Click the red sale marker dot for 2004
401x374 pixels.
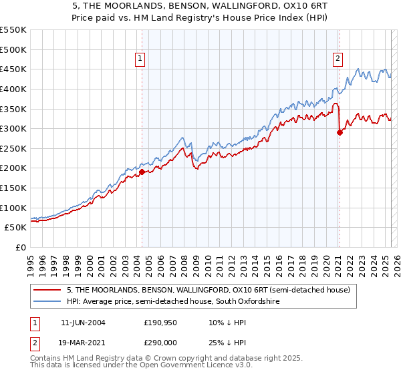click(x=142, y=172)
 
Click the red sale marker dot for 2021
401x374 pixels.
click(x=340, y=132)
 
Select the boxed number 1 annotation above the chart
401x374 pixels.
click(x=140, y=59)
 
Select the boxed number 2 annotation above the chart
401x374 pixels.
click(x=338, y=59)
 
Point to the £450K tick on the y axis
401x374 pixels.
click(x=13, y=69)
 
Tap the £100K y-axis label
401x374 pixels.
click(x=13, y=208)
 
